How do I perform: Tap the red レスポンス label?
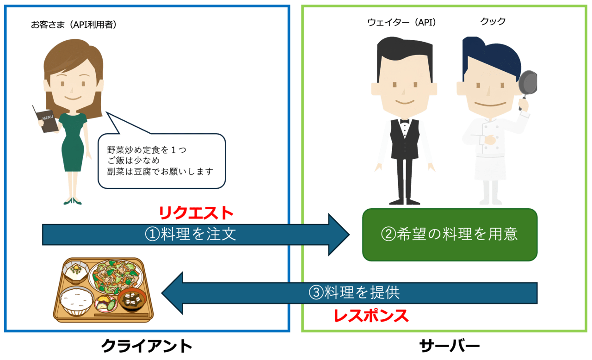(x=371, y=316)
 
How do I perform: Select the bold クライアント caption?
(x=147, y=346)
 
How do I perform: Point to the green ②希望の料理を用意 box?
(x=450, y=234)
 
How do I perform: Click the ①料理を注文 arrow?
(x=194, y=234)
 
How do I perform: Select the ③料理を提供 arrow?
(x=351, y=292)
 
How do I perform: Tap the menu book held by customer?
(x=45, y=119)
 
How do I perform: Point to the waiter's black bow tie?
(x=405, y=121)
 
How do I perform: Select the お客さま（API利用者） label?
(x=74, y=25)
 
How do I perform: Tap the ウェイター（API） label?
(x=401, y=22)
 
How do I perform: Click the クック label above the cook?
(x=493, y=21)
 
